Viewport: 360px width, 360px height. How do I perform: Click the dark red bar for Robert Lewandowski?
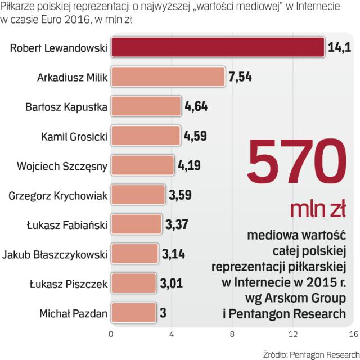click(x=217, y=47)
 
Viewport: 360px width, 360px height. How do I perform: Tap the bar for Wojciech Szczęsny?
click(x=142, y=165)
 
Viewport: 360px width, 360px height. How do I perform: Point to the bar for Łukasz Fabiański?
click(x=136, y=224)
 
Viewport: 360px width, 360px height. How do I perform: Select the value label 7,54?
click(x=240, y=77)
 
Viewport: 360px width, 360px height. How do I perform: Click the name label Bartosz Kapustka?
click(x=67, y=107)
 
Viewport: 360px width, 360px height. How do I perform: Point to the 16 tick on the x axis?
click(x=353, y=335)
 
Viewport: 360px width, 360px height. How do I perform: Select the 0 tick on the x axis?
click(x=111, y=335)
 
